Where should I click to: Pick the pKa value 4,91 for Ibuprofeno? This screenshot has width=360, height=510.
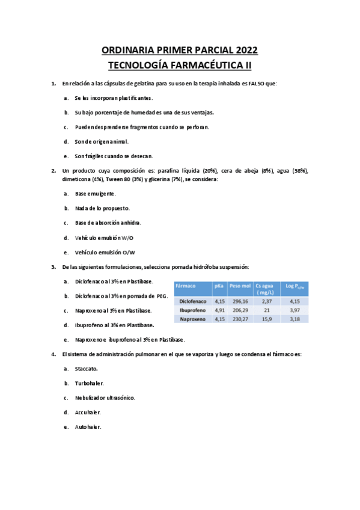tap(219, 310)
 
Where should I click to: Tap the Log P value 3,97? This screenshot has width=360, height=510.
tap(294, 310)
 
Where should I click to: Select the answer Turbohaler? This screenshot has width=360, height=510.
tap(90, 383)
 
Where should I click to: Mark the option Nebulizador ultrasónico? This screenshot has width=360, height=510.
tap(105, 398)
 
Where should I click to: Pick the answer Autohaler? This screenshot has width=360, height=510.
tap(88, 427)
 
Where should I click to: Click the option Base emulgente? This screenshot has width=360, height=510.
tap(95, 194)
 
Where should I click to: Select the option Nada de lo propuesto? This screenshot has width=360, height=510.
tap(102, 208)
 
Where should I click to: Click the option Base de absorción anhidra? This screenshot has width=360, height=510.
tap(108, 223)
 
